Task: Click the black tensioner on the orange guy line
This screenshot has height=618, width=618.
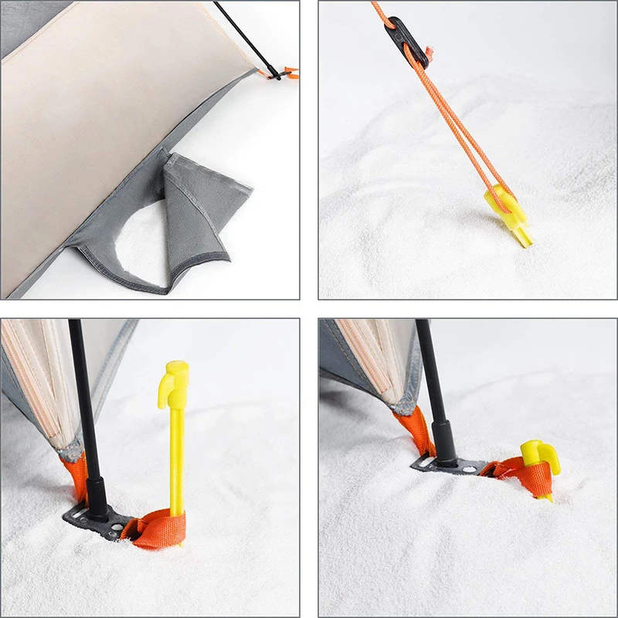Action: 406,41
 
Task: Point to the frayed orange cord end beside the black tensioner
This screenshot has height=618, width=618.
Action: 430,53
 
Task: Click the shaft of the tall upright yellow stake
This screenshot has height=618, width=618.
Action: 177,456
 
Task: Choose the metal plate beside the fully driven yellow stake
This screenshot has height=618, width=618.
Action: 440,464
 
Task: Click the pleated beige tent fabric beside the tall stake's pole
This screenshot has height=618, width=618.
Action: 35,379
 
